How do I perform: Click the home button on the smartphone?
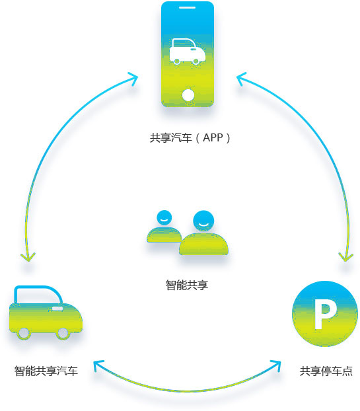pos(188,95)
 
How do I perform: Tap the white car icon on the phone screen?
pos(187,52)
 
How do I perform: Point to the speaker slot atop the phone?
pos(188,8)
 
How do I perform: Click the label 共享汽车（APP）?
pos(190,137)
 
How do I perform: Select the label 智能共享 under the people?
pos(186,285)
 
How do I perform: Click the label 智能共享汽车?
pos(46,371)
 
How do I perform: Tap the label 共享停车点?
pos(326,371)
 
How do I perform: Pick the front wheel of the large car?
pos(63,333)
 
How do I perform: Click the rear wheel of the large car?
pos(24,333)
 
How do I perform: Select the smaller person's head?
pos(164,218)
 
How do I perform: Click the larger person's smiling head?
pos(203,221)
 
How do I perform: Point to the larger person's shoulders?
pos(203,244)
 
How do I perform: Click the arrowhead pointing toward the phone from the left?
pos(133,78)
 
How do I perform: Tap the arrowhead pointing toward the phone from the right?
pos(242,78)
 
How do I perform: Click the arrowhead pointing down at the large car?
pos(28,257)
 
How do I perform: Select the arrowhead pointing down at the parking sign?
pos(346,257)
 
